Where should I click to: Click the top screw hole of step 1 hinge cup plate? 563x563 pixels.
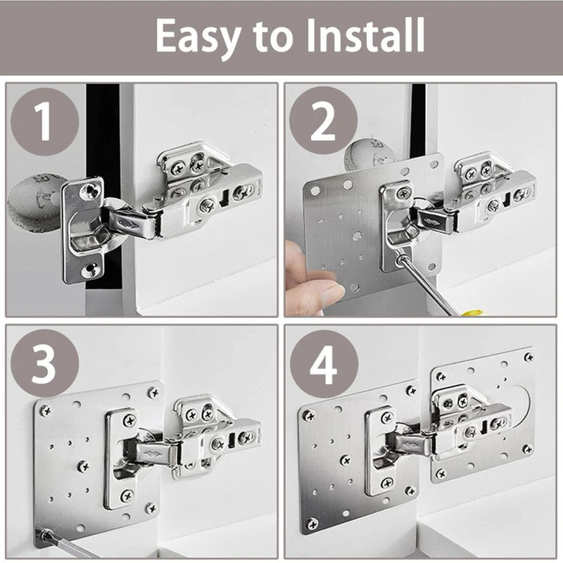[x=89, y=189]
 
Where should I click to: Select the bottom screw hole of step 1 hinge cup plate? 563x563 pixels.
[x=89, y=268]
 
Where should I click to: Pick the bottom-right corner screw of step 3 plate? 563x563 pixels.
[x=151, y=507]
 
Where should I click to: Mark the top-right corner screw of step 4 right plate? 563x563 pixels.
[x=528, y=358]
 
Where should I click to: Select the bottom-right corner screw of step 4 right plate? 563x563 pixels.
[x=527, y=449]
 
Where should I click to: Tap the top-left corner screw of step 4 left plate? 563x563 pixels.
[x=309, y=415]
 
